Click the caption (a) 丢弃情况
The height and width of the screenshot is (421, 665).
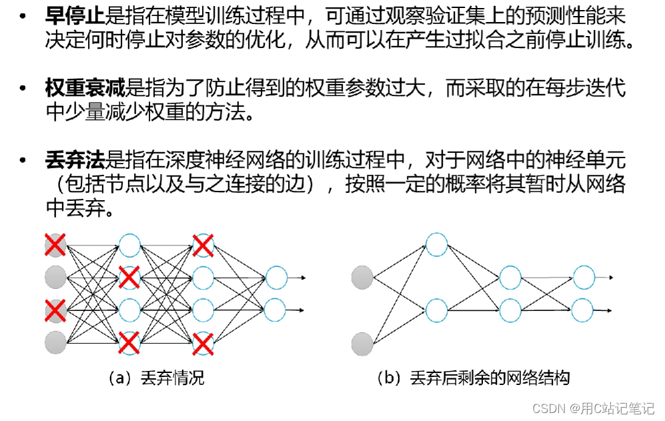(x=155, y=378)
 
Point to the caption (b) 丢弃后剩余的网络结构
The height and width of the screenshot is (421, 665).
(x=473, y=378)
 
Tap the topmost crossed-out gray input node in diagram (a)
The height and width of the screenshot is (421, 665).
(x=55, y=245)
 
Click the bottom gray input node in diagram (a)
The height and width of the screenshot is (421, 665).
(x=55, y=343)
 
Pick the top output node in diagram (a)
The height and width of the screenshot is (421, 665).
(x=276, y=278)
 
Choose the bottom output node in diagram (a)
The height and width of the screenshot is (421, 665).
(x=276, y=310)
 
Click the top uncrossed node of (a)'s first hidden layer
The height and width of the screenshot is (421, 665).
(x=129, y=245)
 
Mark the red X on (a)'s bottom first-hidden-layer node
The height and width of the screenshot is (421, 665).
(x=129, y=343)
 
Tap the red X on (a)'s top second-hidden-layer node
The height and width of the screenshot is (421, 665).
(x=203, y=245)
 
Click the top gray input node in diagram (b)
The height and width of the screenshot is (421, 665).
(x=362, y=277)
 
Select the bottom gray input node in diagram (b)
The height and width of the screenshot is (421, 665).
(x=362, y=343)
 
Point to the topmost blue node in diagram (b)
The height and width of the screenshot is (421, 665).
(x=436, y=245)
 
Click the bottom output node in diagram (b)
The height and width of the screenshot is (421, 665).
(x=583, y=310)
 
